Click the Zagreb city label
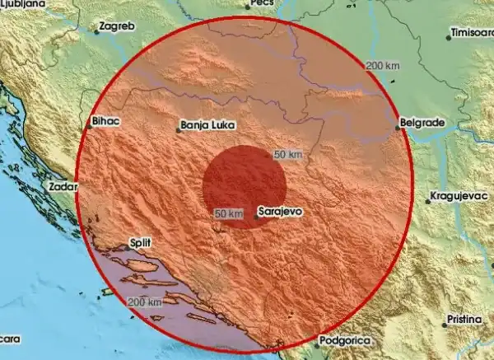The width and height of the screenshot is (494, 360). click(x=115, y=26)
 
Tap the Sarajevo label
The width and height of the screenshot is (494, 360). click(x=281, y=212)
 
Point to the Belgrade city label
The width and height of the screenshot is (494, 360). click(x=422, y=123)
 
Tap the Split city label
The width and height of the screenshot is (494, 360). click(x=141, y=244)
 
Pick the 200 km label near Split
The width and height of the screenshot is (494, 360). click(x=145, y=303)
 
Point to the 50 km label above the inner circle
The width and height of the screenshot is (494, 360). click(x=288, y=155)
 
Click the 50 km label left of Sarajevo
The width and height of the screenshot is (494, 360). click(x=228, y=213)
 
